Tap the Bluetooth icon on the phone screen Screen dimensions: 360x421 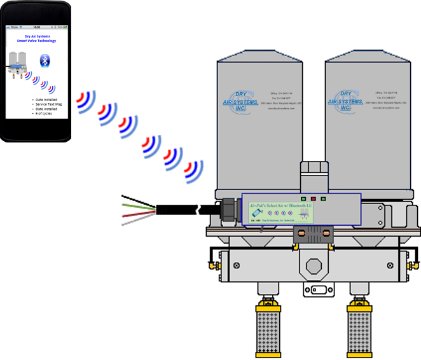[45, 61]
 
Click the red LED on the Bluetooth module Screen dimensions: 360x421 [312, 198]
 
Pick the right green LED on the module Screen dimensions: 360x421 [323, 198]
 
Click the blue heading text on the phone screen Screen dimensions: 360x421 [36, 39]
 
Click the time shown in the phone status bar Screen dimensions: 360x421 [37, 27]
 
